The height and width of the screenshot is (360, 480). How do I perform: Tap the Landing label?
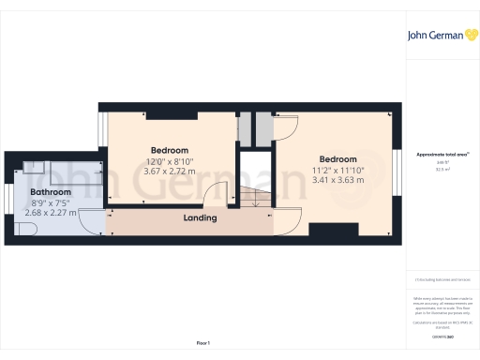point(200,218)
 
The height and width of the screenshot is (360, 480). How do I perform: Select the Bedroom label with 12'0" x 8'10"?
point(170,150)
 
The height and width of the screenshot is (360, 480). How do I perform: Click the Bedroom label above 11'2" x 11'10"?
point(337,158)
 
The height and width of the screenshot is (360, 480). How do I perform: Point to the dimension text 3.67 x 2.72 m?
point(170,172)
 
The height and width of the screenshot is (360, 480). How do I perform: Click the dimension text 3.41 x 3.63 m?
point(337,181)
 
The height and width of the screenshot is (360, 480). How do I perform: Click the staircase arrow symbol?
point(250,197)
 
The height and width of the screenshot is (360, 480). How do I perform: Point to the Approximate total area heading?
point(440,154)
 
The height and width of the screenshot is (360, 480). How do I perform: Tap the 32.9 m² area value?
point(440,171)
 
